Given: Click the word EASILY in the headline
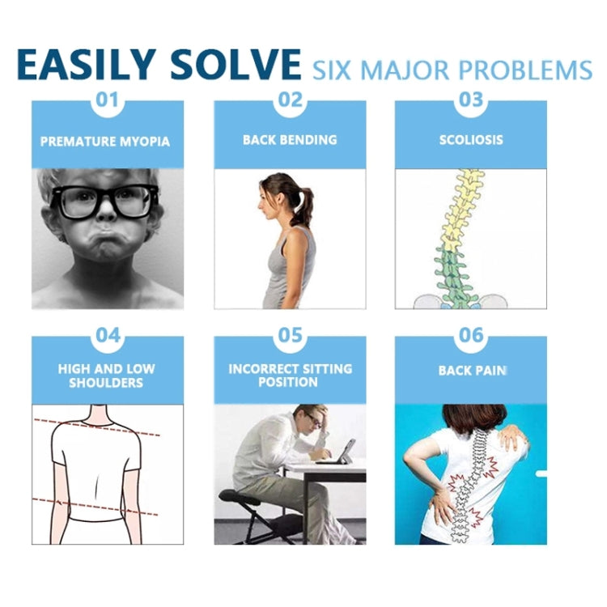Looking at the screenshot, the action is click(x=86, y=64).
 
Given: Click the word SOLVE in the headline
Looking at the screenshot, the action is click(x=236, y=64).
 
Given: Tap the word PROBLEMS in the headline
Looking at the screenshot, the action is click(x=525, y=70).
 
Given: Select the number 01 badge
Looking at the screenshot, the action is click(x=107, y=100).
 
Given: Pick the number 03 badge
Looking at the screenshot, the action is click(x=471, y=100).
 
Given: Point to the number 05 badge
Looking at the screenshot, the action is click(x=290, y=335).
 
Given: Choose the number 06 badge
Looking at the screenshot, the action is click(x=471, y=335).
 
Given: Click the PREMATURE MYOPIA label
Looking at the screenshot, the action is click(x=105, y=142).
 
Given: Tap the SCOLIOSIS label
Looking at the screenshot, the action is click(x=471, y=140).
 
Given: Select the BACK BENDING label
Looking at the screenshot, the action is click(x=290, y=140).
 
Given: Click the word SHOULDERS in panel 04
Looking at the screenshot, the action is click(x=106, y=383).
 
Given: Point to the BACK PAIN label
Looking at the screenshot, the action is click(x=473, y=371).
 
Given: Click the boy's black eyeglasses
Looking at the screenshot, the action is click(x=105, y=202).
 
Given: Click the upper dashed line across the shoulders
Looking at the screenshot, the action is click(x=97, y=427).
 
